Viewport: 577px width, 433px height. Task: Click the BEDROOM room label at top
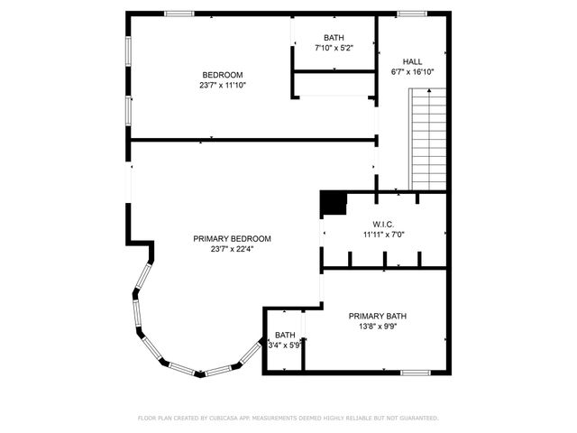tap(222, 75)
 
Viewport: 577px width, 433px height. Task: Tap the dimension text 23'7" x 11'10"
tap(222, 85)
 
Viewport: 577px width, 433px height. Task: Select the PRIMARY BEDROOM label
tap(232, 239)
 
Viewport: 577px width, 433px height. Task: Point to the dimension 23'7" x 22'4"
tap(232, 249)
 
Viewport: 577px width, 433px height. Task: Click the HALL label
tap(412, 61)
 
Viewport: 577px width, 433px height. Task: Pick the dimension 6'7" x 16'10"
tap(412, 71)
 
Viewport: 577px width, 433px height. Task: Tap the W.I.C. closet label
tap(384, 224)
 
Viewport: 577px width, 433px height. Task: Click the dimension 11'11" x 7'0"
tap(384, 235)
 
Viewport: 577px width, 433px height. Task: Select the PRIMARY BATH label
tap(378, 316)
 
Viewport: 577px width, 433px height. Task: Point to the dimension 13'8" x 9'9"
tap(378, 327)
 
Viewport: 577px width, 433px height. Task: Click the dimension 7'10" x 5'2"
tap(333, 48)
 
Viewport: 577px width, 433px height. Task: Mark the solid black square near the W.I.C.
tap(334, 204)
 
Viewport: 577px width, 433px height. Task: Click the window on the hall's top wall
tap(412, 14)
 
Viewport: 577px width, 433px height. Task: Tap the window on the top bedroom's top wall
tap(179, 14)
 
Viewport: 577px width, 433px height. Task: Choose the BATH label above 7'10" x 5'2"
tap(333, 38)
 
